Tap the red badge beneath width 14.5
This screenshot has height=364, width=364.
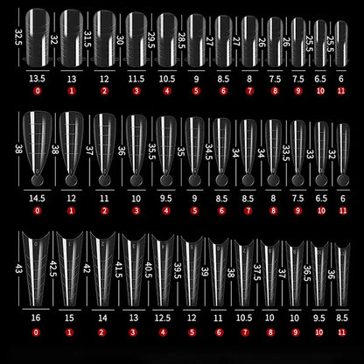click(x=38, y=212)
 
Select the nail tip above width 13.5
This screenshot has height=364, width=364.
click(x=37, y=35)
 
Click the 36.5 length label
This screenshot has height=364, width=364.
click(x=304, y=273)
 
